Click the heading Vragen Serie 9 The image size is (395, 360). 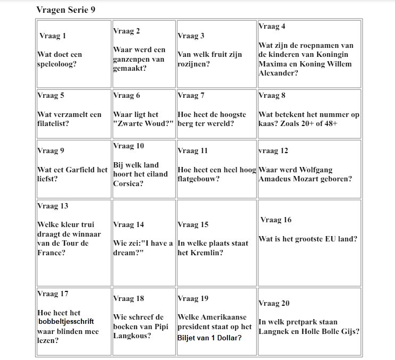pyautogui.click(x=66, y=10)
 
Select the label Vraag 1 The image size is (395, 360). pyautogui.click(x=53, y=36)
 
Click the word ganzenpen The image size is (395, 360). pyautogui.click(x=131, y=59)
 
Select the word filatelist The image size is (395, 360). pyautogui.click(x=53, y=124)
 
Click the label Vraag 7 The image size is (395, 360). pyautogui.click(x=191, y=96)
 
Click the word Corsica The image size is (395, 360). pyautogui.click(x=127, y=184)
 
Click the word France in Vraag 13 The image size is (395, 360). pyautogui.click(x=50, y=253)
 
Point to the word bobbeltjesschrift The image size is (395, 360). pyautogui.click(x=66, y=322)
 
